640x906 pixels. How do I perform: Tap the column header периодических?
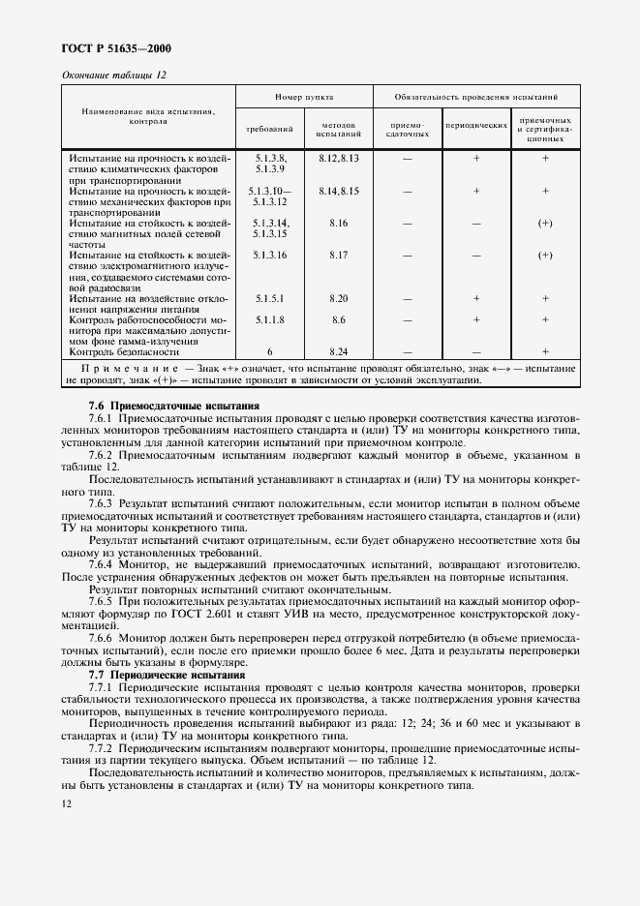(476, 126)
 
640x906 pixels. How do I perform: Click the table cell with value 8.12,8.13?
(338, 157)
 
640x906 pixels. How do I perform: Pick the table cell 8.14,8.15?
(338, 192)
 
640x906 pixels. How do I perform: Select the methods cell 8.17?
(338, 256)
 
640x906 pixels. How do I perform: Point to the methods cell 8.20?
(338, 299)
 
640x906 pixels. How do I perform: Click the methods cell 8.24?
(338, 352)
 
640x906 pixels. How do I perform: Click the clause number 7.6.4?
(102, 563)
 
